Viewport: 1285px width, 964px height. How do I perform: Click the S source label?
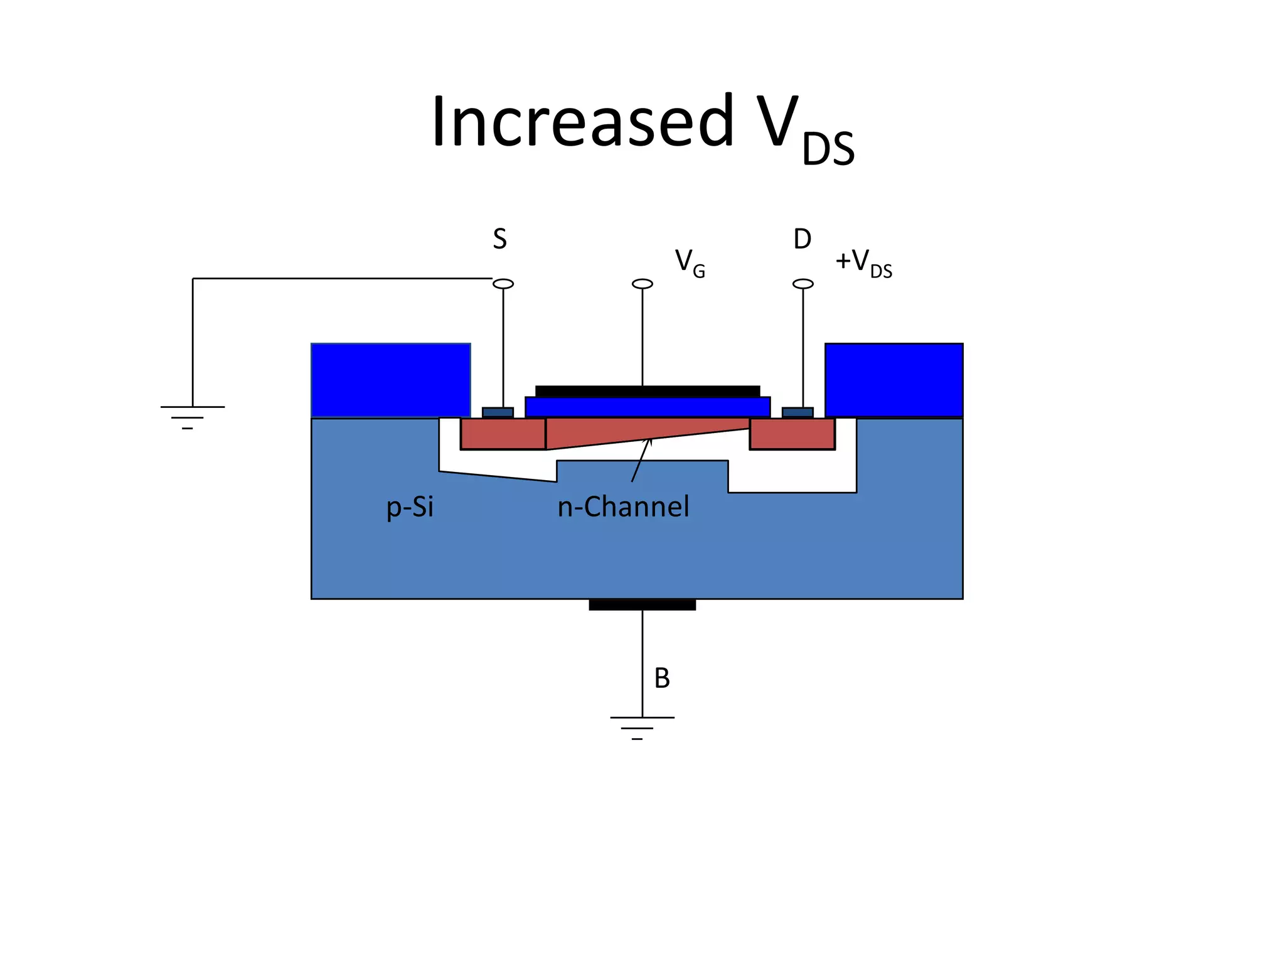coord(499,239)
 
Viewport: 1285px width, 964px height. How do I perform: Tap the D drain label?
coord(802,239)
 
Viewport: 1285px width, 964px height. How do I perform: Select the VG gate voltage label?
coord(690,262)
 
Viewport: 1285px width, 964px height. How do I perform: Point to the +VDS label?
coord(863,262)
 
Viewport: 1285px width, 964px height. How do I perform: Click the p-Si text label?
coord(410,507)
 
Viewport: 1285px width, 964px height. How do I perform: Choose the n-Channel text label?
coord(623,507)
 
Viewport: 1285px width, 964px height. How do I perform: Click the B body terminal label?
coord(662,678)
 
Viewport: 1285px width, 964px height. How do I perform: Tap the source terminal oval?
coord(503,284)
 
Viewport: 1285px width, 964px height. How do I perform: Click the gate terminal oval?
coord(642,284)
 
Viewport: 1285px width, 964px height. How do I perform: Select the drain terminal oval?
coord(803,284)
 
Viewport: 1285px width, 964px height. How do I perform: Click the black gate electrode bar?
coord(648,391)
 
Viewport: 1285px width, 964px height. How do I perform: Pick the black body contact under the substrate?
coord(642,605)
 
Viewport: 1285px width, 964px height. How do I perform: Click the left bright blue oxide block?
coord(390,380)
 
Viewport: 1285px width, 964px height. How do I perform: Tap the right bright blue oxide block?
coord(893,380)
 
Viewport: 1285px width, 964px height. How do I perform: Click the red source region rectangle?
coord(503,434)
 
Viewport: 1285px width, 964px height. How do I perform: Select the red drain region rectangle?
coord(792,434)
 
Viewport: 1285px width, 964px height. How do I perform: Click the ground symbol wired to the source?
coord(192,417)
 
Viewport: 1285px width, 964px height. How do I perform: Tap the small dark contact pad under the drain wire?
coord(797,413)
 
